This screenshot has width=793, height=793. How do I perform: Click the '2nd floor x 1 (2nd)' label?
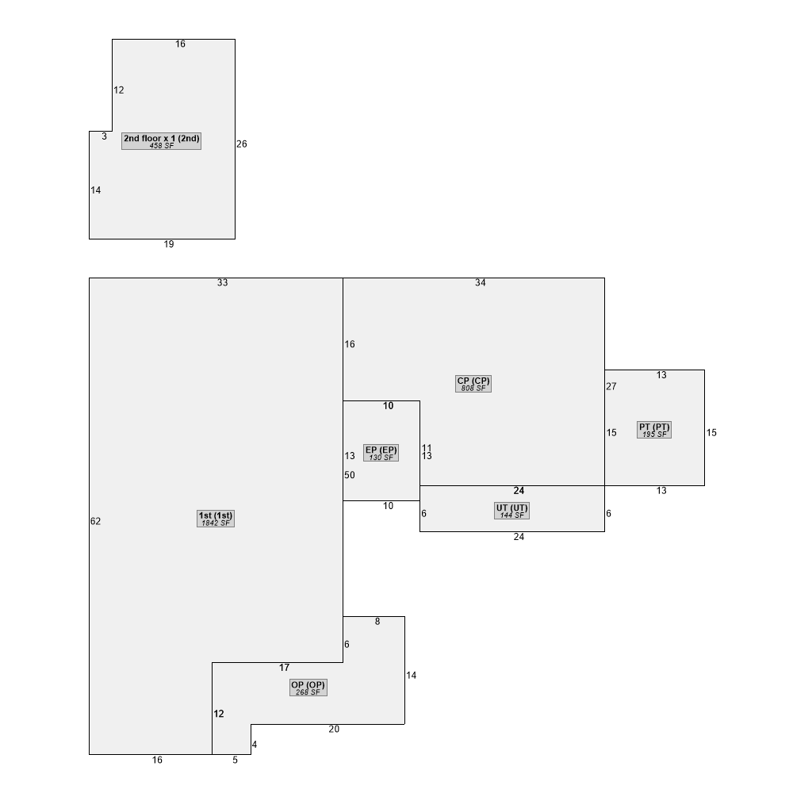[161, 141]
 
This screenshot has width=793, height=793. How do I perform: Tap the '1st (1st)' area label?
[216, 519]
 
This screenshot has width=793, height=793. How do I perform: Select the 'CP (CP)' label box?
[473, 384]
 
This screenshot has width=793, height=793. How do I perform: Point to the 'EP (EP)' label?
[381, 453]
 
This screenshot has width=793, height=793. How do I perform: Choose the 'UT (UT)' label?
[511, 511]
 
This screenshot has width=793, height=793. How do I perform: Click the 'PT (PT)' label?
[654, 430]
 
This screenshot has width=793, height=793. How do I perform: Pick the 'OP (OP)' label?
[308, 688]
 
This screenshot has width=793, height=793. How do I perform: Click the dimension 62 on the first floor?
[96, 522]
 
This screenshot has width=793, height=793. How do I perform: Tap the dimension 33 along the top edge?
[223, 283]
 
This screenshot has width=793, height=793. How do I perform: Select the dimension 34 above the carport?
[481, 283]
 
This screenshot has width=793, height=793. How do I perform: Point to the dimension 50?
[350, 475]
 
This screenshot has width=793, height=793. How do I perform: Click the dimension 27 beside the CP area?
[611, 386]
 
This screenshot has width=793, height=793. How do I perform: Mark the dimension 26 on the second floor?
[242, 144]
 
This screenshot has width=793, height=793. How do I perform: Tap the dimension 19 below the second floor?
[169, 244]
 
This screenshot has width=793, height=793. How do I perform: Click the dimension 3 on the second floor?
[104, 136]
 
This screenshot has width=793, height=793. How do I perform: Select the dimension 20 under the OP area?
[334, 730]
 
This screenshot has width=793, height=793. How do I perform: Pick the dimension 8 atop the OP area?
[377, 622]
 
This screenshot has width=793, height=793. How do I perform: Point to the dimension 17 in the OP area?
[284, 668]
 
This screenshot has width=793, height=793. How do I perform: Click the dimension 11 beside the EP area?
[427, 447]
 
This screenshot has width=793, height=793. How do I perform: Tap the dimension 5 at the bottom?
[236, 760]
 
